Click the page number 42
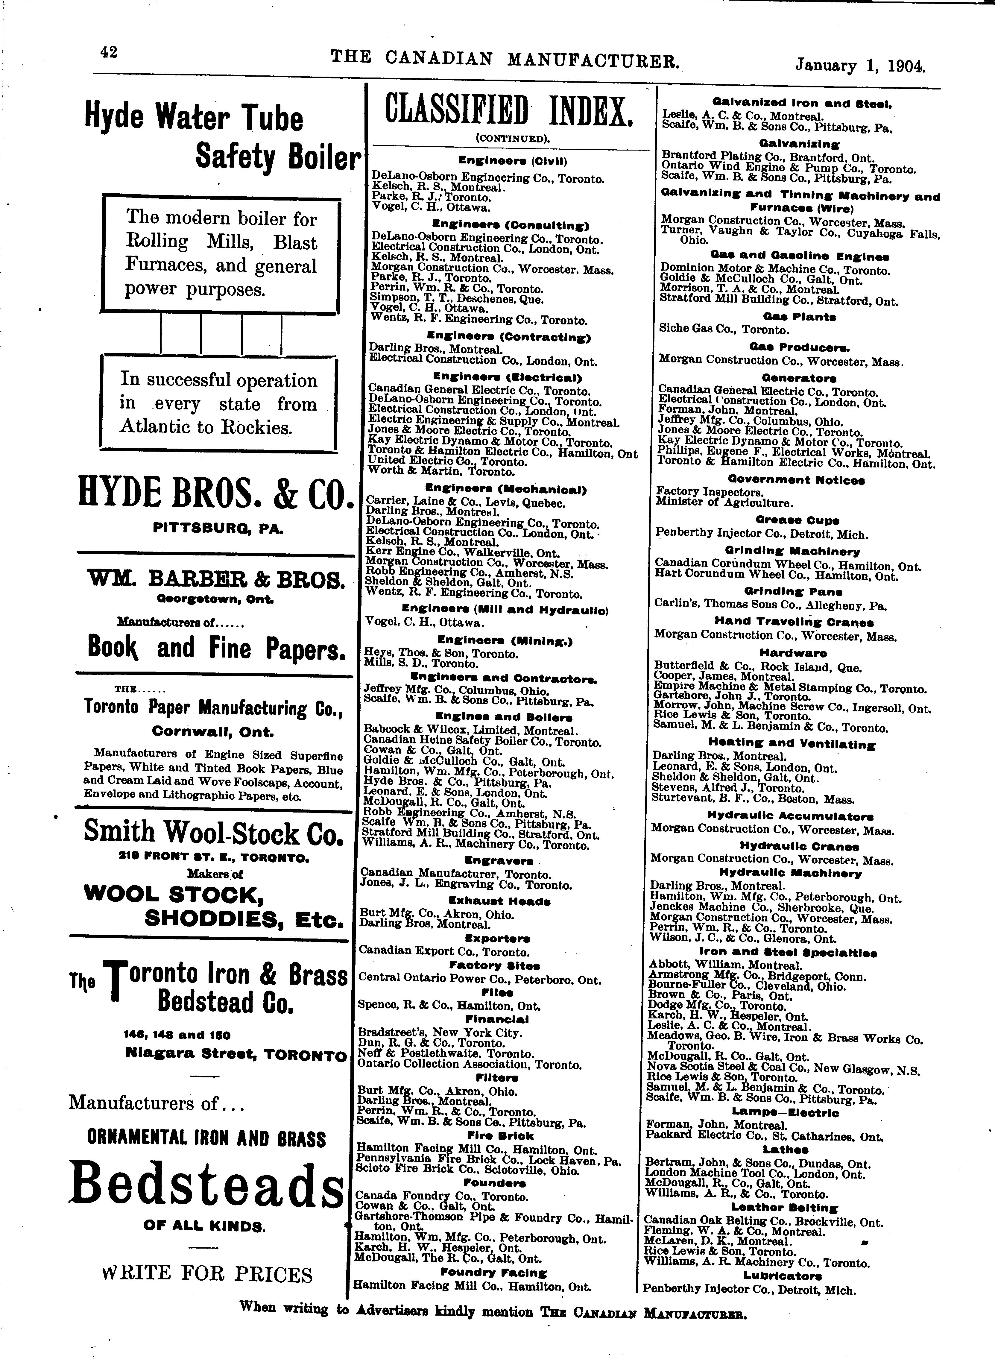pyautogui.click(x=109, y=52)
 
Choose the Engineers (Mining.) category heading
pyautogui.click(x=505, y=641)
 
